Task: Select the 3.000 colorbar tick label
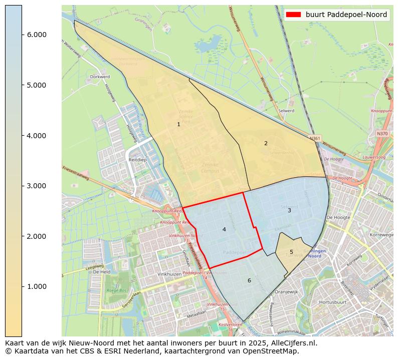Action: click(36, 186)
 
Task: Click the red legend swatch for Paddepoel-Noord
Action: click(293, 15)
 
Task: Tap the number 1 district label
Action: click(178, 124)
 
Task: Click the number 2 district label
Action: click(266, 143)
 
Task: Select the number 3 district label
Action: click(289, 210)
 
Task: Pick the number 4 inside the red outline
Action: click(224, 229)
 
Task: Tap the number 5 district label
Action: click(291, 252)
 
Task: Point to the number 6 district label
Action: click(249, 280)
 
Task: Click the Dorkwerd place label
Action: click(99, 77)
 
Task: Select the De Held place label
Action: click(102, 272)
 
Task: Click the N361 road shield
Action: click(314, 138)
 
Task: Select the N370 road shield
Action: click(382, 134)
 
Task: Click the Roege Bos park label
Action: click(116, 290)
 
